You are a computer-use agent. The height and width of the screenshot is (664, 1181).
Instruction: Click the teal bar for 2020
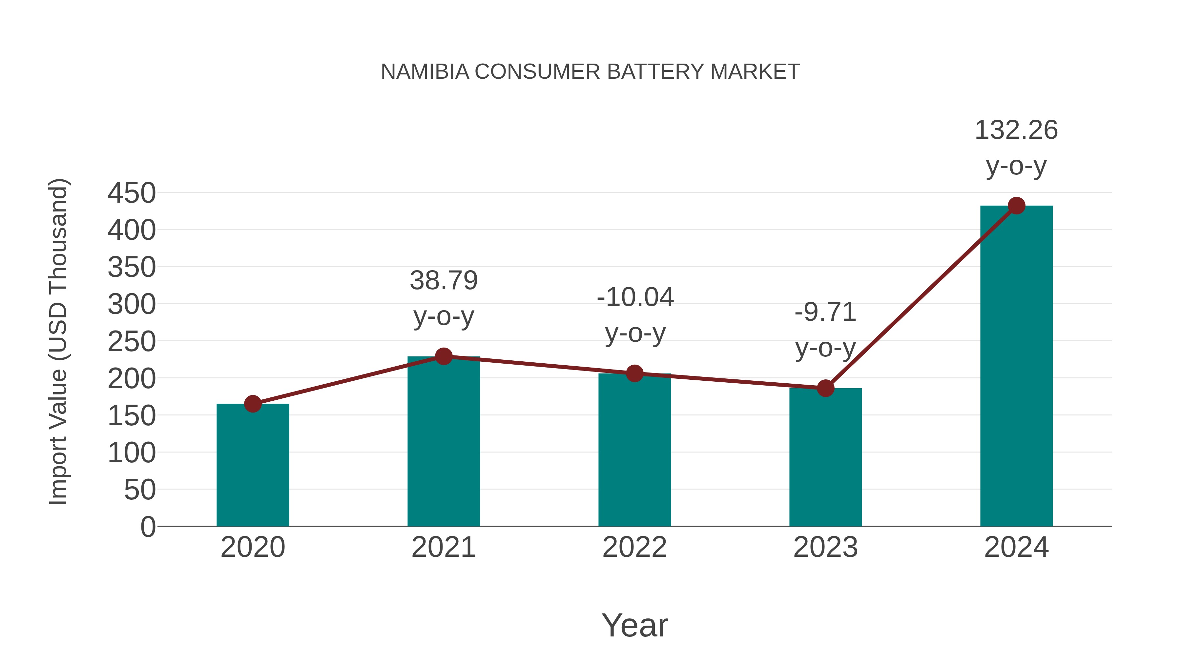(x=253, y=465)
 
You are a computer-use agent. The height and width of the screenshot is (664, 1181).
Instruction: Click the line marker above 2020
(x=253, y=404)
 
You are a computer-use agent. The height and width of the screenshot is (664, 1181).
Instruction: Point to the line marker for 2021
(x=443, y=356)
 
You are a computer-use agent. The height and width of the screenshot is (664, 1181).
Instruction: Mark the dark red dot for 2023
(x=825, y=388)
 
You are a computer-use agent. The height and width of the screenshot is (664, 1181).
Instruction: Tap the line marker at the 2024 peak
(x=1016, y=206)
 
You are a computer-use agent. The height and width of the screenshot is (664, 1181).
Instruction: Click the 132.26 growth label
(x=1016, y=130)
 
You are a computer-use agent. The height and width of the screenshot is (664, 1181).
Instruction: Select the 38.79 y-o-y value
(x=443, y=280)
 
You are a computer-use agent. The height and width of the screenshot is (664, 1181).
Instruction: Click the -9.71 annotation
(x=825, y=312)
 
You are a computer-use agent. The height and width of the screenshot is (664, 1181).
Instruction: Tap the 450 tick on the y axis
(x=132, y=193)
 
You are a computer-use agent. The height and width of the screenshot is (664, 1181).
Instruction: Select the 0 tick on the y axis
(x=148, y=527)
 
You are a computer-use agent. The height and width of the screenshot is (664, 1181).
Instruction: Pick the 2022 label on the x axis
(x=634, y=547)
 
